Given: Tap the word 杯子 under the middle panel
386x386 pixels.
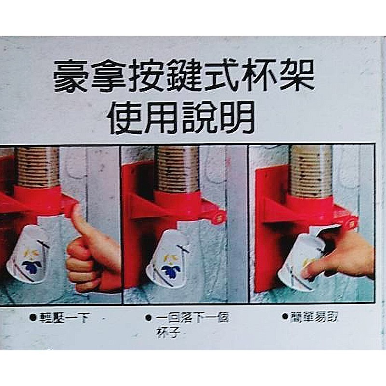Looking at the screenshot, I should tap(167, 332).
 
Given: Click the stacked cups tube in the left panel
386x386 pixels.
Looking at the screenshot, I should tap(37, 166).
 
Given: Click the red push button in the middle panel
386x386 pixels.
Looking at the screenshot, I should tap(215, 214).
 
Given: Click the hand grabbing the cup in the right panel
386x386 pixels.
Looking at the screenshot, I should tap(345, 258).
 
